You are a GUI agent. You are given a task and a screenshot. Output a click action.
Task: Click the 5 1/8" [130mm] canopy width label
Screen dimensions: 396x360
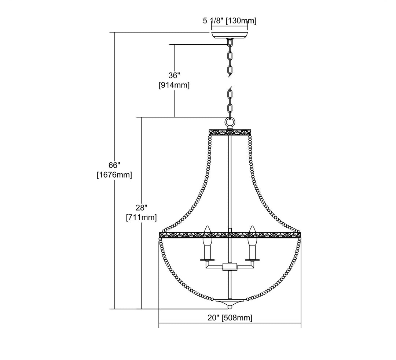pos(230,21)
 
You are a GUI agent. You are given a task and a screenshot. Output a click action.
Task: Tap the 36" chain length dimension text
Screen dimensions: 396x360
pos(174,75)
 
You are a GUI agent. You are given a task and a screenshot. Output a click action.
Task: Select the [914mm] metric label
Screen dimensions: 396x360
pos(174,85)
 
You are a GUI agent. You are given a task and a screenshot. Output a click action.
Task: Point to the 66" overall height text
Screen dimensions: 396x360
pos(114,165)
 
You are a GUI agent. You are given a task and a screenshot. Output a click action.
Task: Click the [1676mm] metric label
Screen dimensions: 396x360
pos(114,175)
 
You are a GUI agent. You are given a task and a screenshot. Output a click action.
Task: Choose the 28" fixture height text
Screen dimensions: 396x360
pos(142,208)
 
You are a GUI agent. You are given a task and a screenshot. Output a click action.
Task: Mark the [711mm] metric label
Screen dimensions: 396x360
pos(142,217)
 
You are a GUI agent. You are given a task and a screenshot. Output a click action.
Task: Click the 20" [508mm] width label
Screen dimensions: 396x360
pos(230,318)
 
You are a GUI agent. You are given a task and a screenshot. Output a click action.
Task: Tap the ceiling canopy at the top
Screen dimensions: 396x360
pos(230,35)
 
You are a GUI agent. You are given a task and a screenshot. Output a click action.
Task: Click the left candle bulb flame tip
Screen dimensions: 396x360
pos(207,226)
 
